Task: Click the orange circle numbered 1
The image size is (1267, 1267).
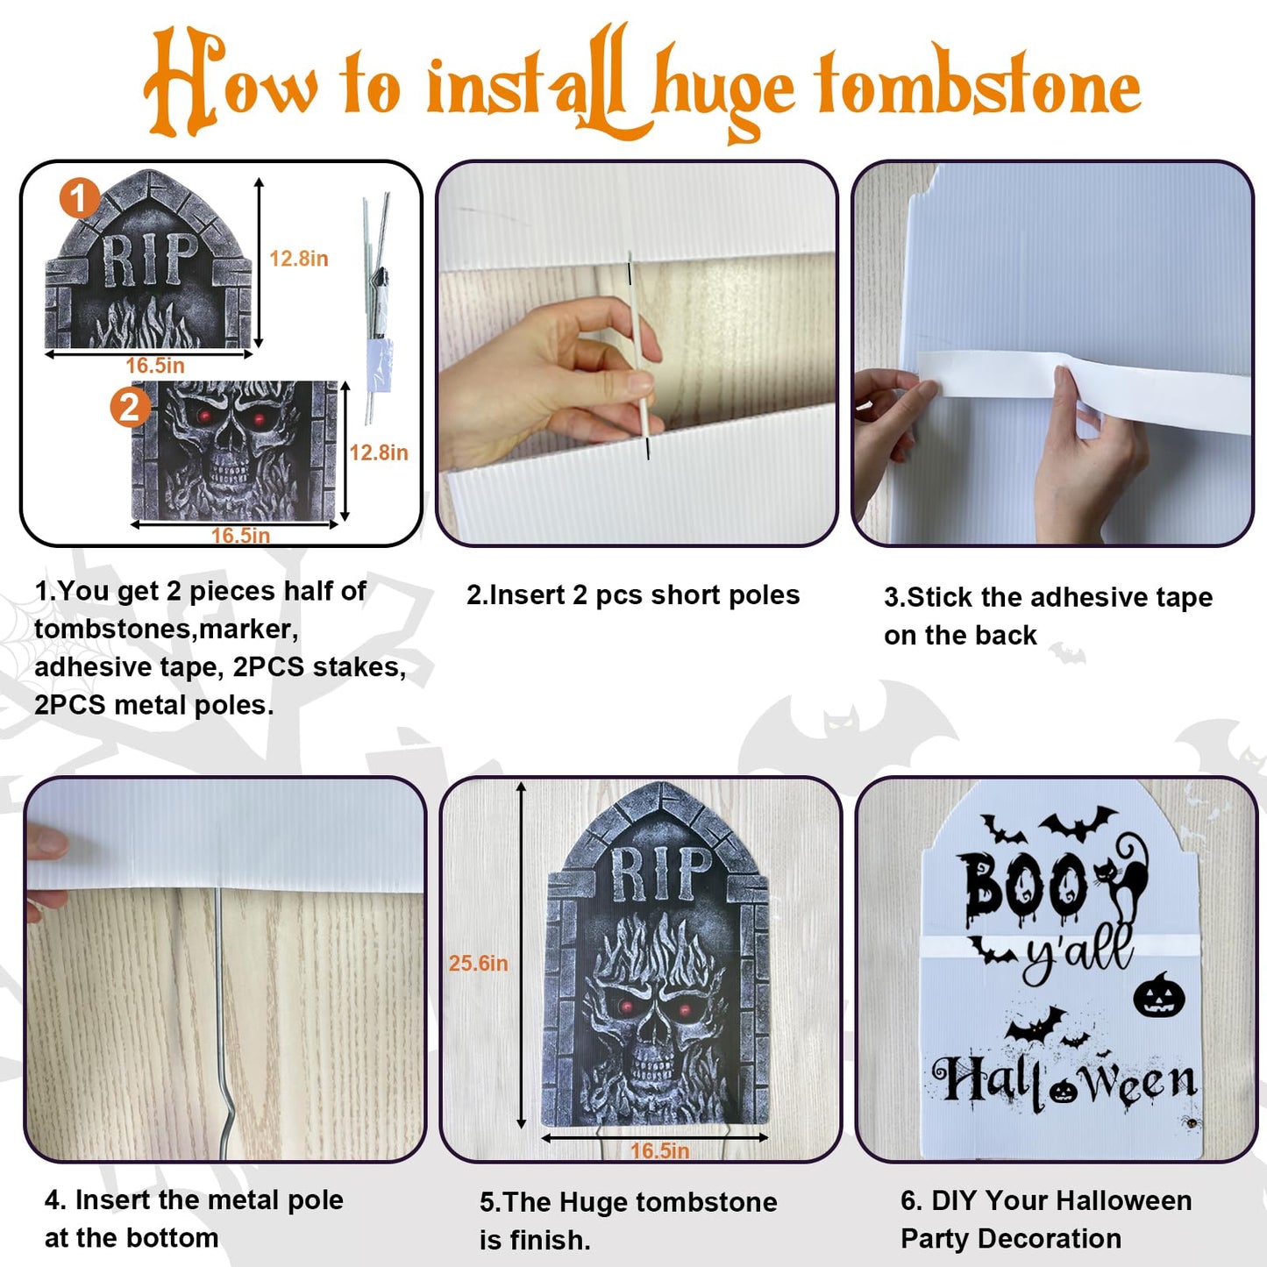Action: tap(79, 198)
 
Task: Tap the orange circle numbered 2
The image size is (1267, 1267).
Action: tap(130, 407)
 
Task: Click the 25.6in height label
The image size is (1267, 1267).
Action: tap(478, 964)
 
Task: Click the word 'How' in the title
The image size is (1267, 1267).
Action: tap(230, 82)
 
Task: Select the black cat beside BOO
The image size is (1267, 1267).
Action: tap(1121, 877)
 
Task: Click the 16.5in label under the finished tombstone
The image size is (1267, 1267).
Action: tap(659, 1150)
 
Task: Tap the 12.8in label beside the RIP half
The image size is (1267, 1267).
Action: tap(298, 259)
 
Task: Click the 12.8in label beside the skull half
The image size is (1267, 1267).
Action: tap(379, 452)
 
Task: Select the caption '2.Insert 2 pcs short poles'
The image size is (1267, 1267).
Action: tap(633, 595)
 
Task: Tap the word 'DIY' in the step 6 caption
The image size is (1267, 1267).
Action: tap(953, 1200)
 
